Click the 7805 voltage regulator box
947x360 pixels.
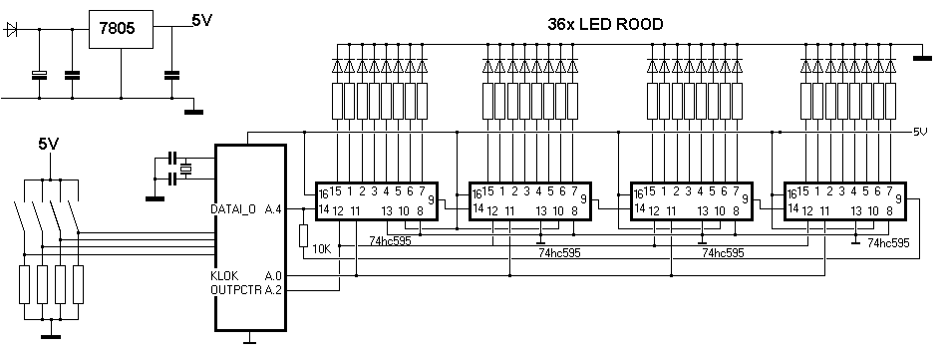coord(121,29)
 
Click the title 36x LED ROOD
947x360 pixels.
coord(605,24)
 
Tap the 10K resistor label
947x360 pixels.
coord(321,248)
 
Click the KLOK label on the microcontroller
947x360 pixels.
coord(224,275)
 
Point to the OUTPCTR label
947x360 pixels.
coord(236,290)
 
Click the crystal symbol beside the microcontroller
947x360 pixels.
coord(186,169)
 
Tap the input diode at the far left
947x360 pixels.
coord(11,29)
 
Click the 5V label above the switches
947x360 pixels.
coord(50,144)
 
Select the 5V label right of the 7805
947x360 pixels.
coord(202,20)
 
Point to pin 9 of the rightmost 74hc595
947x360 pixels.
coord(899,198)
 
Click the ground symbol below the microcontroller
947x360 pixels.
coord(249,341)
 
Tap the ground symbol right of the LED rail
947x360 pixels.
coord(922,57)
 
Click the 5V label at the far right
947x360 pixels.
coord(920,132)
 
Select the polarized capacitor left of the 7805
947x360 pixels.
coord(39,75)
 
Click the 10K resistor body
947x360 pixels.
coord(304,235)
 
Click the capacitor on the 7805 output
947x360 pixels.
coord(171,75)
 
